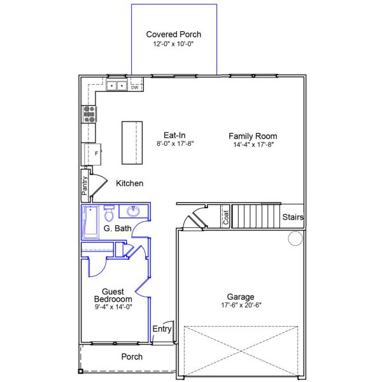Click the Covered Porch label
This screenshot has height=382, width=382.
[173, 34]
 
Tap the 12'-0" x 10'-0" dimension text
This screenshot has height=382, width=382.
[173, 45]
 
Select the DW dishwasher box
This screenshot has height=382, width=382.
[134, 87]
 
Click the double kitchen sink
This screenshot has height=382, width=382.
[116, 85]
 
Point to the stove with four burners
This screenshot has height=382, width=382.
[89, 114]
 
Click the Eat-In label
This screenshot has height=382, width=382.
[174, 135]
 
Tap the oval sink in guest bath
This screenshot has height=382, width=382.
[134, 211]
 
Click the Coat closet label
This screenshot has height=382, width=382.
[225, 217]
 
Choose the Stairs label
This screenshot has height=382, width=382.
[293, 217]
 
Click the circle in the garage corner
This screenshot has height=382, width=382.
[295, 239]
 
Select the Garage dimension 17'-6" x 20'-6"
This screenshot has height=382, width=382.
[241, 306]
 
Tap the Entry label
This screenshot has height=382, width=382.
[162, 329]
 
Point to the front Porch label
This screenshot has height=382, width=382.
[132, 357]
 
